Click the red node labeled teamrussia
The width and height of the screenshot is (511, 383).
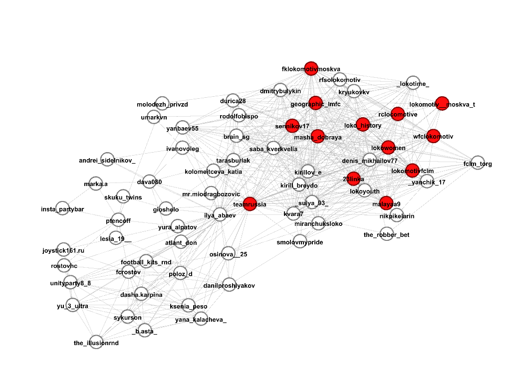pyautogui.click(x=250, y=203)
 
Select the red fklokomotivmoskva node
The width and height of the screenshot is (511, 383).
pyautogui.click(x=311, y=68)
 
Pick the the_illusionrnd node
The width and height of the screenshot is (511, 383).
pyautogui.click(x=96, y=342)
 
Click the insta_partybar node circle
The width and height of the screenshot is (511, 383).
pyautogui.click(x=62, y=208)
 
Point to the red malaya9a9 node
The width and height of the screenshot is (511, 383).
pyautogui.click(x=387, y=203)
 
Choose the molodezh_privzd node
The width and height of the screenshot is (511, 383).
pyautogui.click(x=162, y=104)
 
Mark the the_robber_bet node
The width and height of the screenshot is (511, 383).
pyautogui.click(x=387, y=233)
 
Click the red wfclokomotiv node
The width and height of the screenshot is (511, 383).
pyautogui.click(x=433, y=136)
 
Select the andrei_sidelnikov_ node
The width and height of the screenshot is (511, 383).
pyautogui.click(x=107, y=160)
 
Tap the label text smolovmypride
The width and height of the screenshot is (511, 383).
pyautogui.click(x=300, y=242)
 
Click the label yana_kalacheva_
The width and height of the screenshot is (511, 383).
pyautogui.click(x=201, y=320)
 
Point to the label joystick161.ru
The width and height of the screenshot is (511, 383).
pyautogui.click(x=63, y=250)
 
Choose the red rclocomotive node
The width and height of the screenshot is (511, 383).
pyautogui.click(x=398, y=114)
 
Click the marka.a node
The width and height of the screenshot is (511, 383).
pyautogui.click(x=95, y=184)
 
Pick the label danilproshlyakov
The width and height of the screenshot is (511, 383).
pyautogui.click(x=229, y=286)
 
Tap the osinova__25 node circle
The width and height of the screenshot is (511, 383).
pyautogui.click(x=228, y=254)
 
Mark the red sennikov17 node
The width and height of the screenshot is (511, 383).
pyautogui.click(x=292, y=126)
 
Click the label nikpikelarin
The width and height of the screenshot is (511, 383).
pyautogui.click(x=397, y=216)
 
